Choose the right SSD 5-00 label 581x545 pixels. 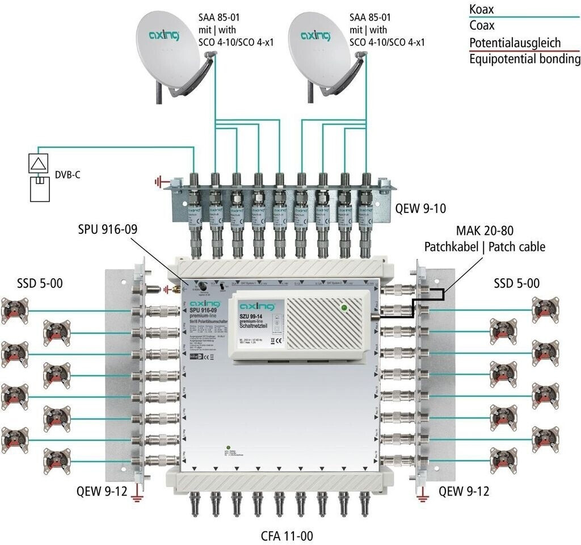[516, 282]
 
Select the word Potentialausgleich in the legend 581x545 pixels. [515, 43]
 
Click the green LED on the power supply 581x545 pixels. [343, 308]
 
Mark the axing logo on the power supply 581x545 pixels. [255, 306]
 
